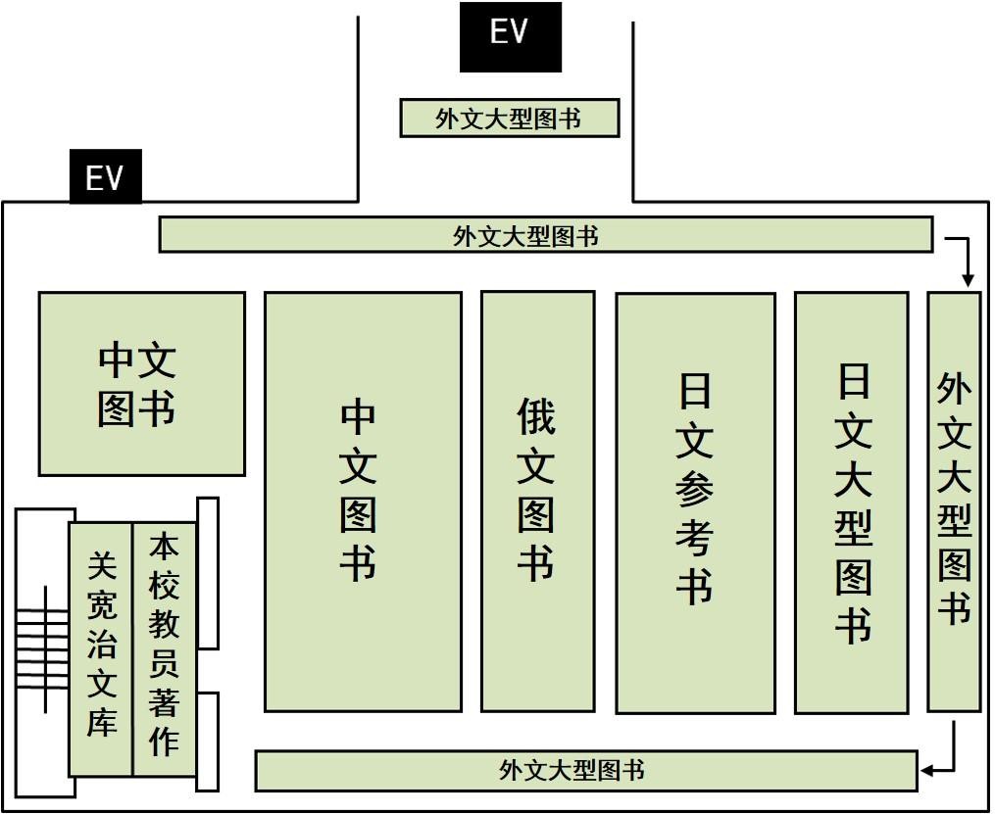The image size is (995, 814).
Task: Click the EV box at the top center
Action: [x=511, y=37]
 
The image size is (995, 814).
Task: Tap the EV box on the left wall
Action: [x=105, y=176]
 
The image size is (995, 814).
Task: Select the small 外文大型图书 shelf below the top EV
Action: [x=510, y=118]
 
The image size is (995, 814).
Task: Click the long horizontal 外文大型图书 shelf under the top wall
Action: [x=546, y=234]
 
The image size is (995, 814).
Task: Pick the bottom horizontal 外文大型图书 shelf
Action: [x=586, y=771]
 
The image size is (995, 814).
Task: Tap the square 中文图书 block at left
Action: [x=142, y=384]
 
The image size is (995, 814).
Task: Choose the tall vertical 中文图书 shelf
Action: [x=363, y=503]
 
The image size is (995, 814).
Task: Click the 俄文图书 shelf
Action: [x=538, y=502]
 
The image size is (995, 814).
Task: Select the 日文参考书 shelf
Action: [x=696, y=503]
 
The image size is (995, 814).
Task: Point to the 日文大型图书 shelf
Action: [x=852, y=503]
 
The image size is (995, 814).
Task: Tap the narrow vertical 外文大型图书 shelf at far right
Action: [x=955, y=502]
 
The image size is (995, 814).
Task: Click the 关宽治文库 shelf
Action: [x=101, y=649]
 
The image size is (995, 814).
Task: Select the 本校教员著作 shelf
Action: [x=165, y=649]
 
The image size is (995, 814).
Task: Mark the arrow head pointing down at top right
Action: [x=968, y=279]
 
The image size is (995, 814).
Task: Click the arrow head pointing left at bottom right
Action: [x=927, y=771]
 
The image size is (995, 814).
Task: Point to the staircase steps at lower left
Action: [x=42, y=648]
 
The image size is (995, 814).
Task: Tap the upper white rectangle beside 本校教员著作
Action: [x=208, y=574]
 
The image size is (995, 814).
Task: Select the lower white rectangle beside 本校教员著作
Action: [x=208, y=742]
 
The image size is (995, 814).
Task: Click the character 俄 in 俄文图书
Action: [x=537, y=416]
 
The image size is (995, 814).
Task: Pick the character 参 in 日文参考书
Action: [x=695, y=490]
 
